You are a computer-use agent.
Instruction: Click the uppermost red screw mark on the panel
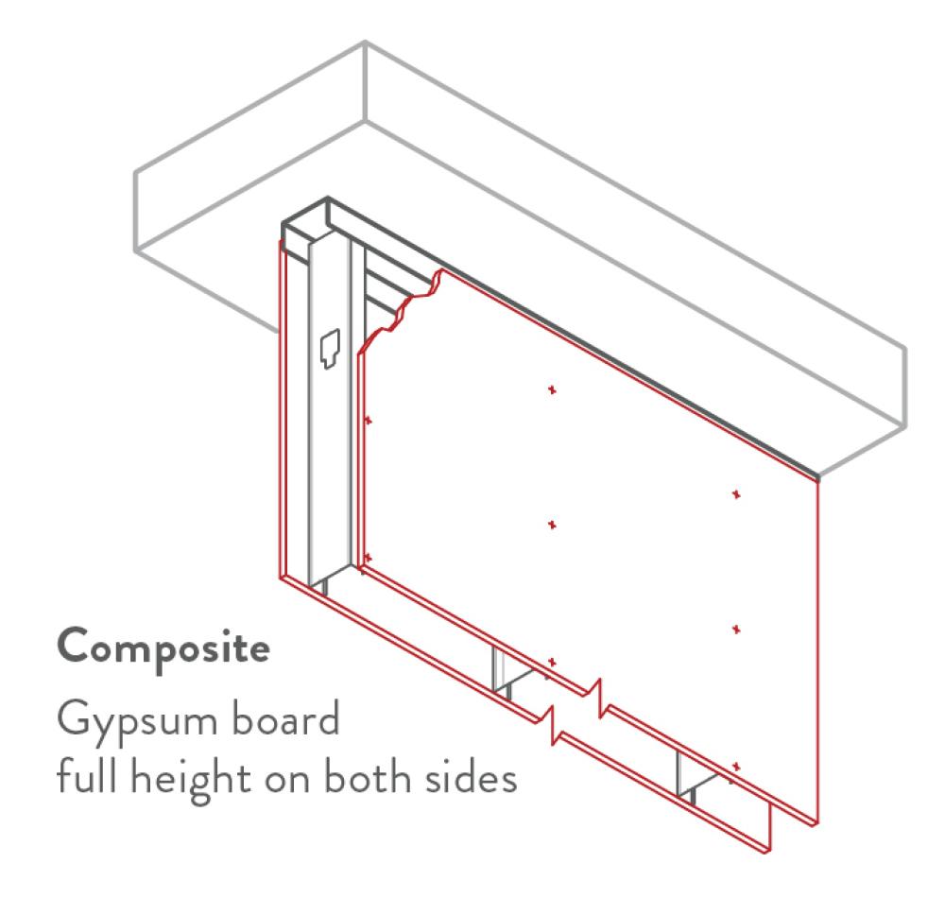pyautogui.click(x=552, y=389)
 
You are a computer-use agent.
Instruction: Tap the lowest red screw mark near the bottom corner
pyautogui.click(x=736, y=766)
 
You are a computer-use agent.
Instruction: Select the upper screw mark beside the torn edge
pyautogui.click(x=369, y=419)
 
